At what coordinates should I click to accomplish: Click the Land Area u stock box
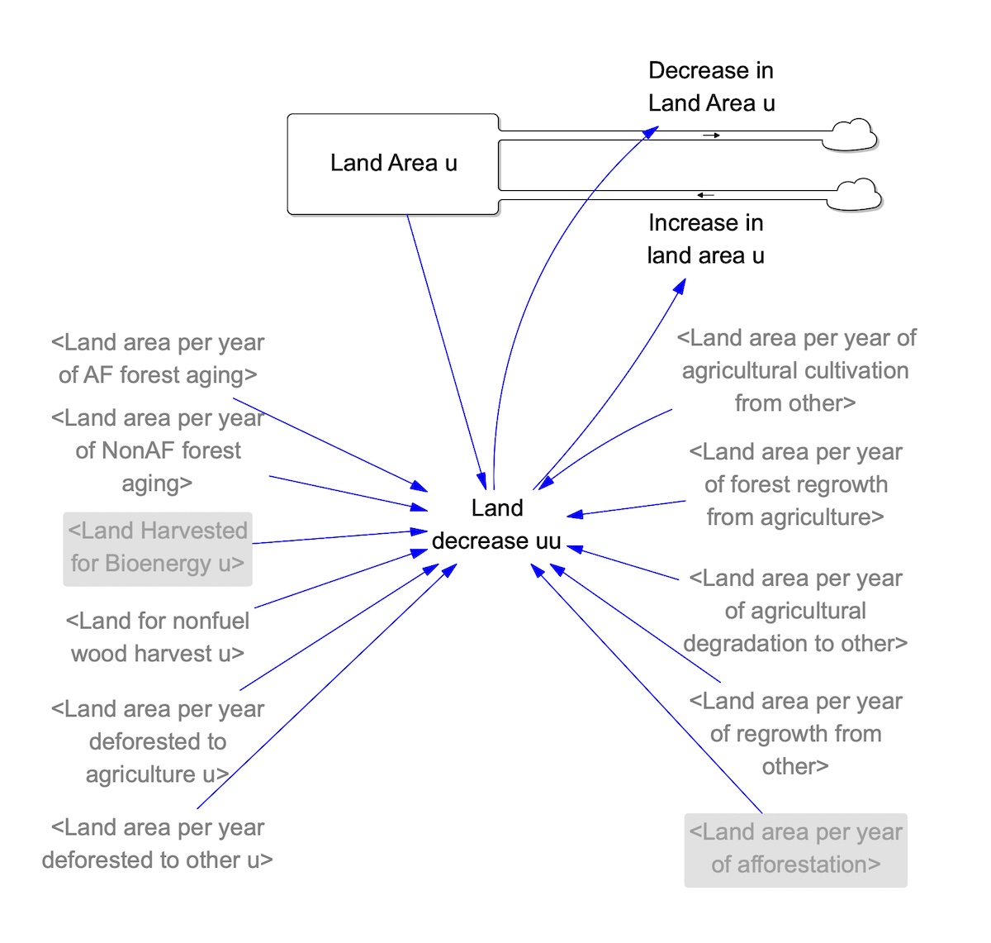pyautogui.click(x=392, y=164)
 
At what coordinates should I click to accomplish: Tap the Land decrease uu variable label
pyautogui.click(x=496, y=524)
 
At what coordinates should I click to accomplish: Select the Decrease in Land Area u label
pyautogui.click(x=711, y=87)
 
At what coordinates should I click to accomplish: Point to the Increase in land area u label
pyautogui.click(x=706, y=239)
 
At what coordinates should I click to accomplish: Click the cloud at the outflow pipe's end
pyautogui.click(x=851, y=136)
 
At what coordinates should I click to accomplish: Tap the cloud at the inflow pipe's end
pyautogui.click(x=855, y=195)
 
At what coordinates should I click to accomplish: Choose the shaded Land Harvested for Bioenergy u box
pyautogui.click(x=158, y=549)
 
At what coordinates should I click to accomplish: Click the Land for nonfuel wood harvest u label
pyautogui.click(x=158, y=637)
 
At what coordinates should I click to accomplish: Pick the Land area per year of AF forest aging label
pyautogui.click(x=158, y=359)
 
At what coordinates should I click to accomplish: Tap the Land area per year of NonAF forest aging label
pyautogui.click(x=158, y=450)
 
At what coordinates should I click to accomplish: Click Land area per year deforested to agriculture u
pyautogui.click(x=158, y=741)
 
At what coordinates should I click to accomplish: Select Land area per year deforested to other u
pyautogui.click(x=158, y=844)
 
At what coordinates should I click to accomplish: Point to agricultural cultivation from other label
pyautogui.click(x=796, y=371)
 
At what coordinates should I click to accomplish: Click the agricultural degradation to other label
pyautogui.click(x=795, y=611)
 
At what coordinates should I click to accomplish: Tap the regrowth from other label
pyautogui.click(x=795, y=734)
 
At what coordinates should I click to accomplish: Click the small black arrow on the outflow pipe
pyautogui.click(x=711, y=136)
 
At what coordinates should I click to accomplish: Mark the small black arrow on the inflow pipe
pyautogui.click(x=705, y=195)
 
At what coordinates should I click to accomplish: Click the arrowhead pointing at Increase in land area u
pyautogui.click(x=680, y=286)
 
